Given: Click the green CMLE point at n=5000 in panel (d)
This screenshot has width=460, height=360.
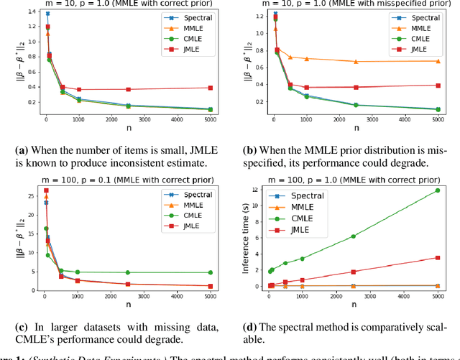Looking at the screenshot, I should pos(437,190).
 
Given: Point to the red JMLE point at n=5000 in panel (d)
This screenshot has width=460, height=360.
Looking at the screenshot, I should pos(437,257).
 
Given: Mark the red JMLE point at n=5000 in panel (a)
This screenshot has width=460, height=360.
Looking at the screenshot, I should pos(211,88).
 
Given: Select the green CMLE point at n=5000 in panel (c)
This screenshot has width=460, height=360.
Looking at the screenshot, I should pos(211,272).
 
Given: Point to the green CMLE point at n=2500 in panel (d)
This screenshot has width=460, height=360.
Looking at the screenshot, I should pos(353,236).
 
